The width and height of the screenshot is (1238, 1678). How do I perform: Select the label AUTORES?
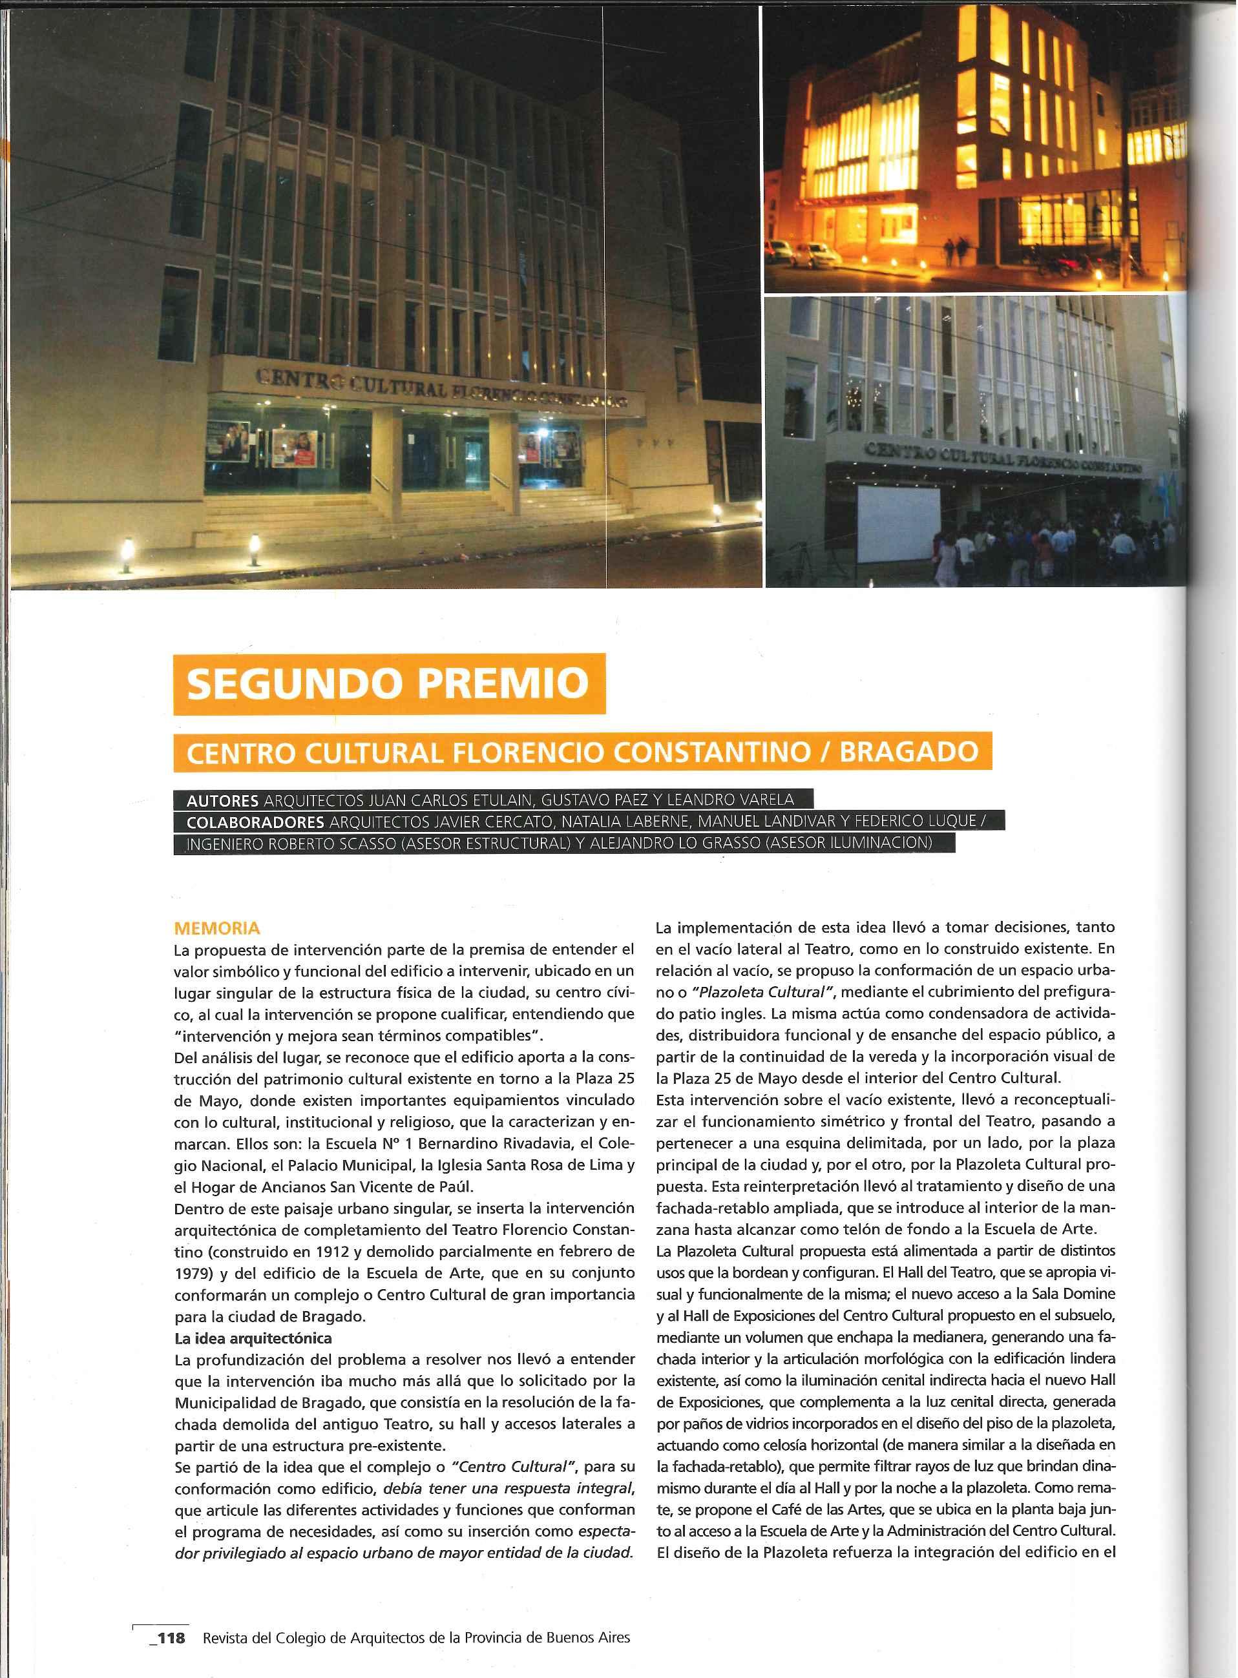pyautogui.click(x=222, y=800)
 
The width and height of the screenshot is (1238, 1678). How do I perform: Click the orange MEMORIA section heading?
pyautogui.click(x=216, y=929)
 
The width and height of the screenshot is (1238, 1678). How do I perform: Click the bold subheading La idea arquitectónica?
pyautogui.click(x=253, y=1337)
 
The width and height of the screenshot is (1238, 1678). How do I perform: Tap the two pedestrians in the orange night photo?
pyautogui.click(x=955, y=253)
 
